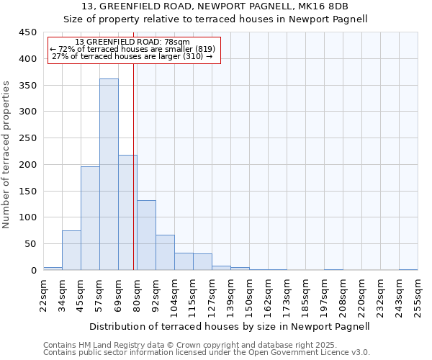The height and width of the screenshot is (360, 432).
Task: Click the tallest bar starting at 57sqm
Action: [109, 174]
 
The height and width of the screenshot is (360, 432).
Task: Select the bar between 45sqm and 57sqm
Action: [90, 218]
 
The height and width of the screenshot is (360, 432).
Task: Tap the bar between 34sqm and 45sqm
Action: [71, 250]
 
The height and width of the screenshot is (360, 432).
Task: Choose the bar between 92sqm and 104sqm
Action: [165, 252]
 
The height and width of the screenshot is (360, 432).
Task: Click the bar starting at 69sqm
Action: [127, 212]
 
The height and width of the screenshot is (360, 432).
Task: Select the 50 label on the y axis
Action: [30, 244]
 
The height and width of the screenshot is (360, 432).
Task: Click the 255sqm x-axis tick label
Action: [418, 294]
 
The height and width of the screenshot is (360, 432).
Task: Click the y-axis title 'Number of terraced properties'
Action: [7, 154]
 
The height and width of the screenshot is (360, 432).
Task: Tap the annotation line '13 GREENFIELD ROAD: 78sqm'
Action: [132, 42]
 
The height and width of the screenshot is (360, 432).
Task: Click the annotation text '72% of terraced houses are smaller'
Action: [134, 49]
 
